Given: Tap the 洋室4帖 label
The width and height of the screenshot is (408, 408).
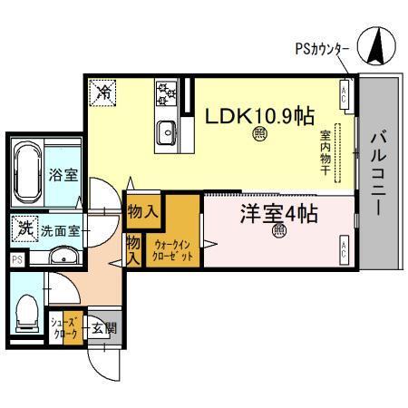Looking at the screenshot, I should [x=278, y=215].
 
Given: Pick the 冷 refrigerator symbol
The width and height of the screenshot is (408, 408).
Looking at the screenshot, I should [x=103, y=91].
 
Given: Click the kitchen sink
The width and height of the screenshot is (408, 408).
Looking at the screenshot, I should [x=169, y=131].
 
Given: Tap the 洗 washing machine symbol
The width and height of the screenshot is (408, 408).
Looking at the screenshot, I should [x=24, y=227].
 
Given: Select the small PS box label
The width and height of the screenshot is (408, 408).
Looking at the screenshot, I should [x=15, y=258].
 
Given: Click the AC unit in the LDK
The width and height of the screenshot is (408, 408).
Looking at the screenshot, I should [x=345, y=92].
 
